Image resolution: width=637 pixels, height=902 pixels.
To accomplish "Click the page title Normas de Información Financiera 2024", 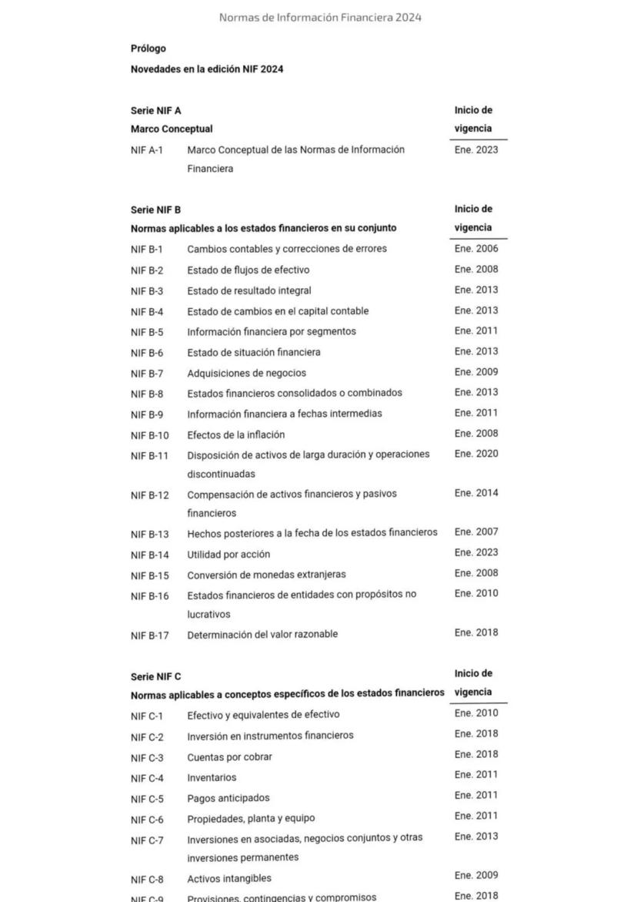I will point(320,17).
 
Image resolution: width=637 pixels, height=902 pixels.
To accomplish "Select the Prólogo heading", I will point(148,49).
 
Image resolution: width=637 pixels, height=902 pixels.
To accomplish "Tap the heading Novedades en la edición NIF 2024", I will point(206,69).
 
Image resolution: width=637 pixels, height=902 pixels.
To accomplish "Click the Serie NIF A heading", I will point(155,111).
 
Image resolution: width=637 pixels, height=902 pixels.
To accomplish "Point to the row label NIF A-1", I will point(146,150).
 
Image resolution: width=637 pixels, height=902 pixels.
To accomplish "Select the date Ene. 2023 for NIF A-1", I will point(475,149).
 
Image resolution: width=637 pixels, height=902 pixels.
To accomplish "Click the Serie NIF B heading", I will point(155,210).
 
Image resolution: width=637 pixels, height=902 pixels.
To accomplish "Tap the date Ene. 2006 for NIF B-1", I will point(475,248).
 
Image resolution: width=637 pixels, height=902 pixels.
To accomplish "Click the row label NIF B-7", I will point(146,373).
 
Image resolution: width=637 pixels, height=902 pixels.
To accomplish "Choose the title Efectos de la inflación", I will point(235,434).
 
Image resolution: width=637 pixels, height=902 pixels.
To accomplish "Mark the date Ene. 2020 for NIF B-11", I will point(475,454).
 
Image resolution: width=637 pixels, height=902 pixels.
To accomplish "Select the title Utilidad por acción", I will point(228,554).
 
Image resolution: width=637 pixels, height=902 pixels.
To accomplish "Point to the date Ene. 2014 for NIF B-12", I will point(475,493).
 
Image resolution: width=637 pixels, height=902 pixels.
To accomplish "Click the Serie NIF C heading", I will point(155,677).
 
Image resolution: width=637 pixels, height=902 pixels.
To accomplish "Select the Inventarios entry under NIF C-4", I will point(212,778).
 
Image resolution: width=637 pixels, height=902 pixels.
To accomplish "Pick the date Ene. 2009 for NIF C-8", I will point(475,875).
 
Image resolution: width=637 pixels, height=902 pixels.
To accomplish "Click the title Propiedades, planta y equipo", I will point(251,818).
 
